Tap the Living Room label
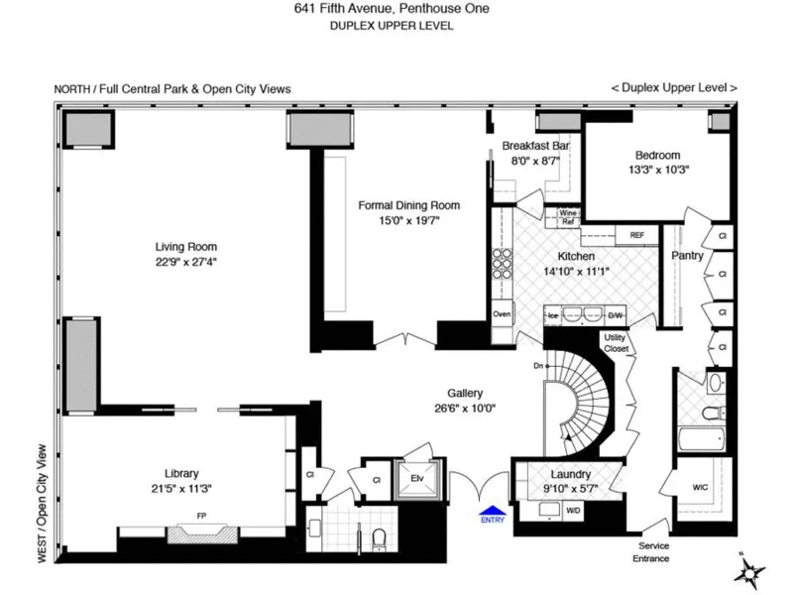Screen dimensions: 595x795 pos(185,247)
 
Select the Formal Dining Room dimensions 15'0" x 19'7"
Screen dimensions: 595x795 pos(408,220)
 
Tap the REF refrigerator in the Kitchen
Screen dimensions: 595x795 pos(636,235)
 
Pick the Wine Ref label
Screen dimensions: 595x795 pos(568,217)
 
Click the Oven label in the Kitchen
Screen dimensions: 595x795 pos(502,314)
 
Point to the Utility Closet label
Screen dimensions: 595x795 pos(616,343)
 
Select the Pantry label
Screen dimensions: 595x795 pos(687,256)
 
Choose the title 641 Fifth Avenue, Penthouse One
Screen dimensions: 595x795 pos(392,9)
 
